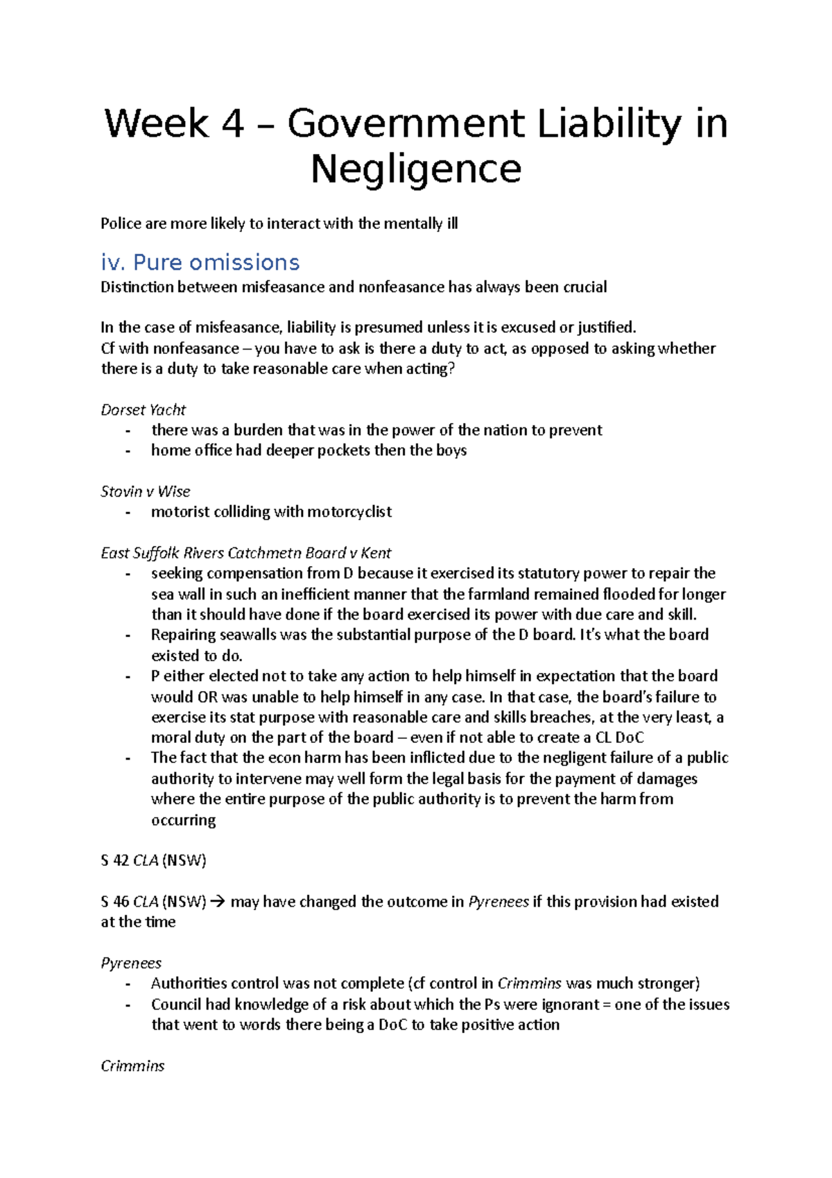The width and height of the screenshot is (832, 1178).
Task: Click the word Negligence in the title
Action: coord(416,169)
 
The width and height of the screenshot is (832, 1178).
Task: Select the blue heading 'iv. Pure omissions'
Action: coord(200,262)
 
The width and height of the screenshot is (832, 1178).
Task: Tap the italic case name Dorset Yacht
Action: coord(143,410)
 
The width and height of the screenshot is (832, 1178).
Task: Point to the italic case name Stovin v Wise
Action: coord(145,492)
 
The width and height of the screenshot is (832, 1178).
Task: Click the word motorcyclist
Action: coord(349,512)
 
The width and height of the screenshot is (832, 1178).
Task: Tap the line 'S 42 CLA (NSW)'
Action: coord(153,861)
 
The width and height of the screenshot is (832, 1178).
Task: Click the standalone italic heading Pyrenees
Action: coord(131,964)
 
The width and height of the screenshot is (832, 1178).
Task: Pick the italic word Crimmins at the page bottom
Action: coord(132,1066)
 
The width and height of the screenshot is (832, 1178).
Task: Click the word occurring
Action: coord(183,820)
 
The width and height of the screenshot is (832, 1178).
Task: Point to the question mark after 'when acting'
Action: coord(452,369)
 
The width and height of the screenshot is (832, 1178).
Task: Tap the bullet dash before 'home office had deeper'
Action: coord(128,451)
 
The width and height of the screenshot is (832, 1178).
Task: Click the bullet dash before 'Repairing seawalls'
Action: coord(128,635)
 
